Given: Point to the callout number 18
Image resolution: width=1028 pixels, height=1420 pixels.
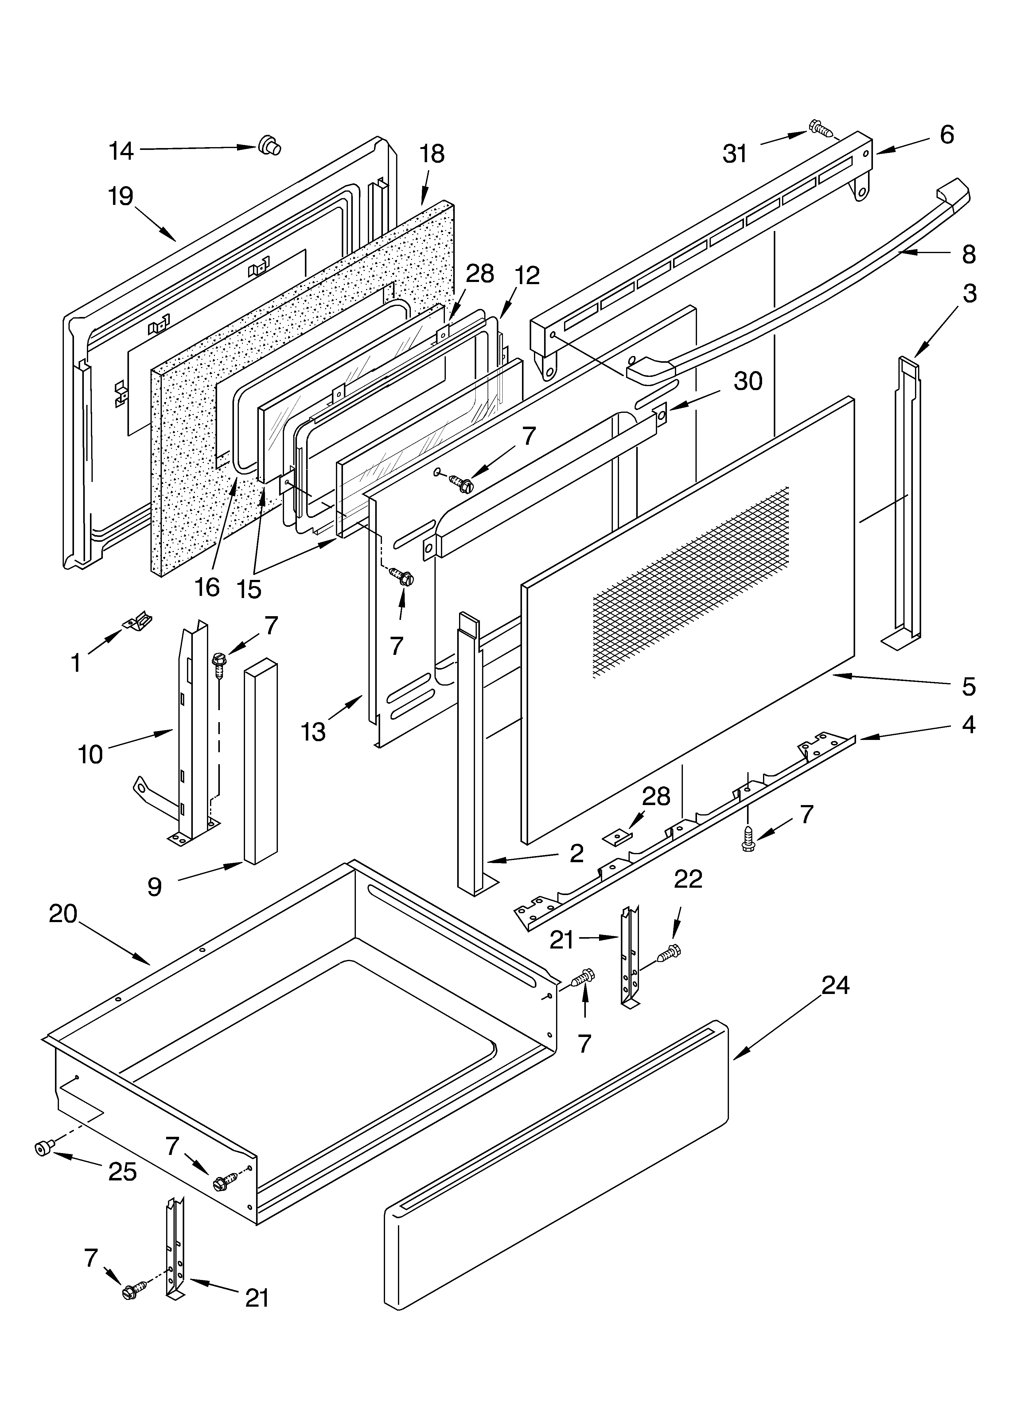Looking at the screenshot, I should (x=432, y=154).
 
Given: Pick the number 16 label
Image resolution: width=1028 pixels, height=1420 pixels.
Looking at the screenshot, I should (x=207, y=587).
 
